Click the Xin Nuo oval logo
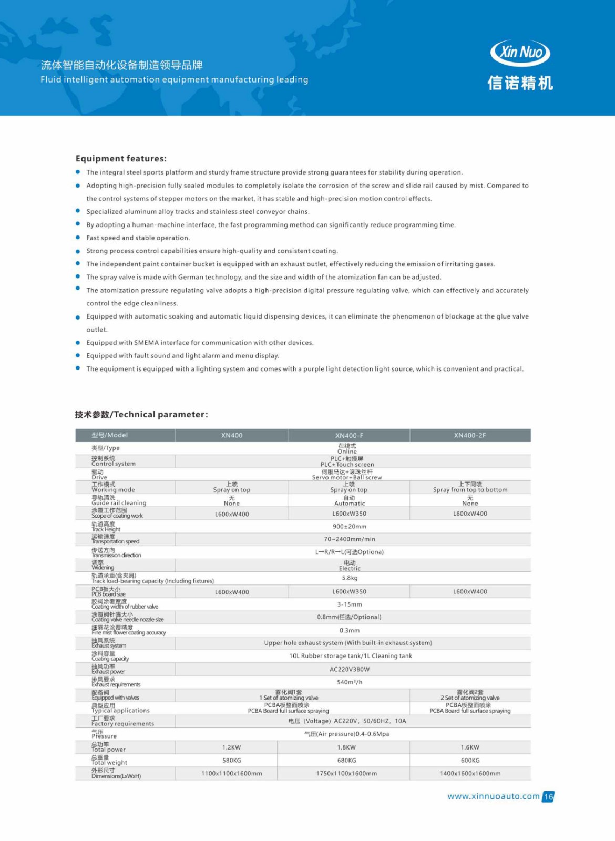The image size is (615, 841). click(520, 52)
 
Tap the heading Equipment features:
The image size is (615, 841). click(121, 158)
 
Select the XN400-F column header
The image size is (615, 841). click(349, 435)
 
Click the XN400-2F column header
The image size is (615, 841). click(470, 435)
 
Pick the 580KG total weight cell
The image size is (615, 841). click(231, 760)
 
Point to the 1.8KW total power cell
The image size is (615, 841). click(346, 747)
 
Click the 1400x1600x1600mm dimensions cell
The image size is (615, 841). click(470, 773)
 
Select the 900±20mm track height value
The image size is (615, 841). click(350, 526)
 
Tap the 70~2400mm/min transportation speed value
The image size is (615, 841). click(350, 539)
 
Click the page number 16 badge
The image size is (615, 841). click(548, 796)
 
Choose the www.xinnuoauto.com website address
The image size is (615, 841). click(493, 796)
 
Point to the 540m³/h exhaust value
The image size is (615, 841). click(350, 682)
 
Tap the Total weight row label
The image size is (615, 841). click(109, 762)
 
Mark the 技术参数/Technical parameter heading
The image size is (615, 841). click(141, 414)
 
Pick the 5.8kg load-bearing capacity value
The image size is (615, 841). click(350, 578)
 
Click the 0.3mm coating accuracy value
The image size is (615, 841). click(350, 630)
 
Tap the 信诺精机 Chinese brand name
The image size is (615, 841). click(520, 83)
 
